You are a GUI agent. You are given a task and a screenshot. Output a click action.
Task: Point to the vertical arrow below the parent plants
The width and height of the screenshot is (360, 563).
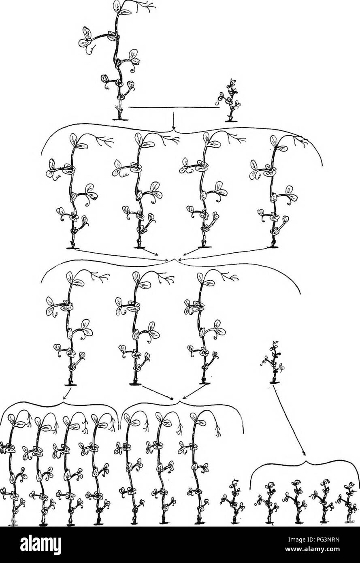[x=173, y=117]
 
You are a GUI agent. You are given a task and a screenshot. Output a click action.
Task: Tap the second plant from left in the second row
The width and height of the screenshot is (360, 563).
[x=139, y=190]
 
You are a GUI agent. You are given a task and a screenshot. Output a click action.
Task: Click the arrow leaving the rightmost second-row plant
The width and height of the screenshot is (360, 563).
[x=223, y=253]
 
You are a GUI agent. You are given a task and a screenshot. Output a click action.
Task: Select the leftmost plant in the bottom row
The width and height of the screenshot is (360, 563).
[x=12, y=470]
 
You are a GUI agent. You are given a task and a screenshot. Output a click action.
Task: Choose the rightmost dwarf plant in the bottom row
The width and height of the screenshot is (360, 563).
[x=347, y=502]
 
